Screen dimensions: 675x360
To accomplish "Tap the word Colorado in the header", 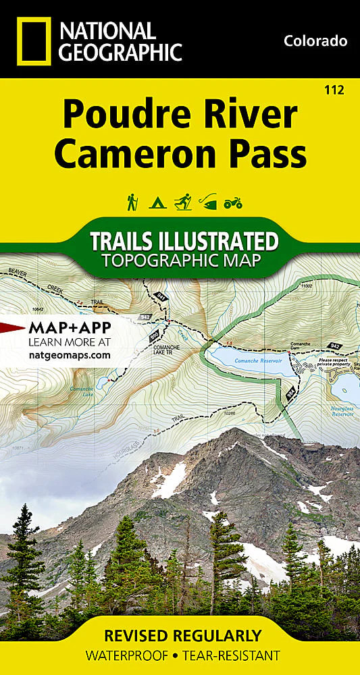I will [x=315, y=41].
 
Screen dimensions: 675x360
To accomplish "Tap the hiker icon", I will [x=132, y=201].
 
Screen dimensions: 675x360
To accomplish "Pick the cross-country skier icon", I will [x=182, y=201].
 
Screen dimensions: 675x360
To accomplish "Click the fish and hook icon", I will [x=207, y=201].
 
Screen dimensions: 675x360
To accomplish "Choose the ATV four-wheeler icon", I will [x=232, y=202].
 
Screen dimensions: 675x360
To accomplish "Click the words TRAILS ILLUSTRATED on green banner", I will [x=184, y=241].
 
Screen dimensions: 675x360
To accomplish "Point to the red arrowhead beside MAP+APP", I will [x=11, y=329].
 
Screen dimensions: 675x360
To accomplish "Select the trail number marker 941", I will [x=160, y=295].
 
